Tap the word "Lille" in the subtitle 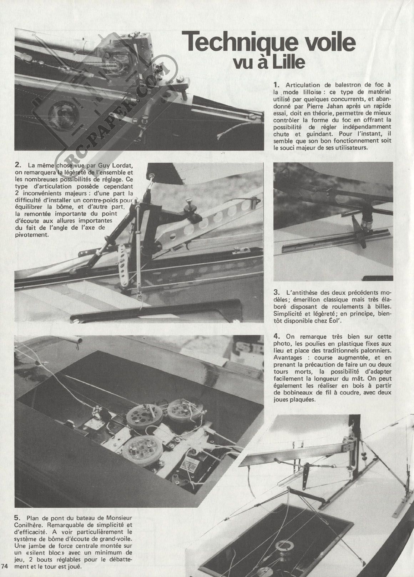(289, 62)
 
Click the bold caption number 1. (276, 85)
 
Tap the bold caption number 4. (276, 336)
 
